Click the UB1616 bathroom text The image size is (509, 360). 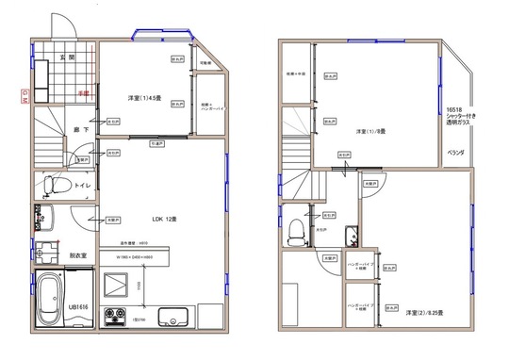click(78, 308)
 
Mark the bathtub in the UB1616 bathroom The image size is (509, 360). click(50, 300)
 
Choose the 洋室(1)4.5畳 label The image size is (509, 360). click(144, 97)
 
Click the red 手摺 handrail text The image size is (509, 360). click(83, 93)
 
